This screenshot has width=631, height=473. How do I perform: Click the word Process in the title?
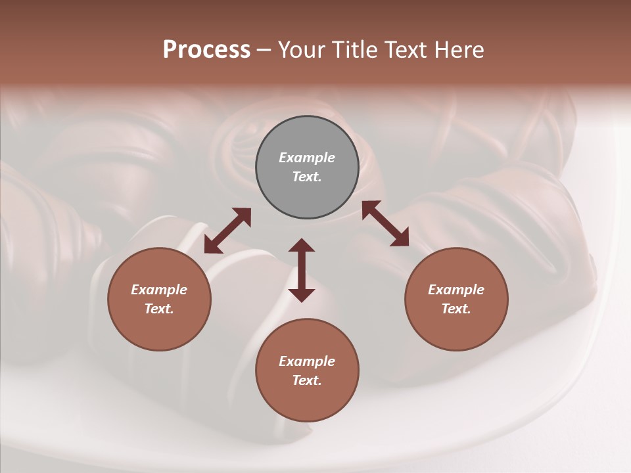click(x=206, y=50)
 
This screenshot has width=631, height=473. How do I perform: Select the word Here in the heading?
click(x=459, y=50)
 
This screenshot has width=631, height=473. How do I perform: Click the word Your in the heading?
click(x=302, y=50)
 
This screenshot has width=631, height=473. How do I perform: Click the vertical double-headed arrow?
click(x=302, y=270)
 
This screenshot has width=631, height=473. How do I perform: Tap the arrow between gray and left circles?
click(x=227, y=231)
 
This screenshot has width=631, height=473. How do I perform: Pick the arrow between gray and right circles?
click(x=385, y=223)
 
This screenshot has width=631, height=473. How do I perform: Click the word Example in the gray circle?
click(x=307, y=158)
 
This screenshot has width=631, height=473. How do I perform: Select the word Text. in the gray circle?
click(x=307, y=177)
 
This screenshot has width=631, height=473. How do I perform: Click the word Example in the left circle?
click(x=159, y=290)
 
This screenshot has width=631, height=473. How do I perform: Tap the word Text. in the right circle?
click(x=456, y=309)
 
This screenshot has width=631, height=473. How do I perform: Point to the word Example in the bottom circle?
click(x=307, y=361)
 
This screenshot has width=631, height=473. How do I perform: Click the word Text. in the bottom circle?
click(x=307, y=380)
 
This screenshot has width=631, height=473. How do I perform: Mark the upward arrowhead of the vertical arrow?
click(x=302, y=246)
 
